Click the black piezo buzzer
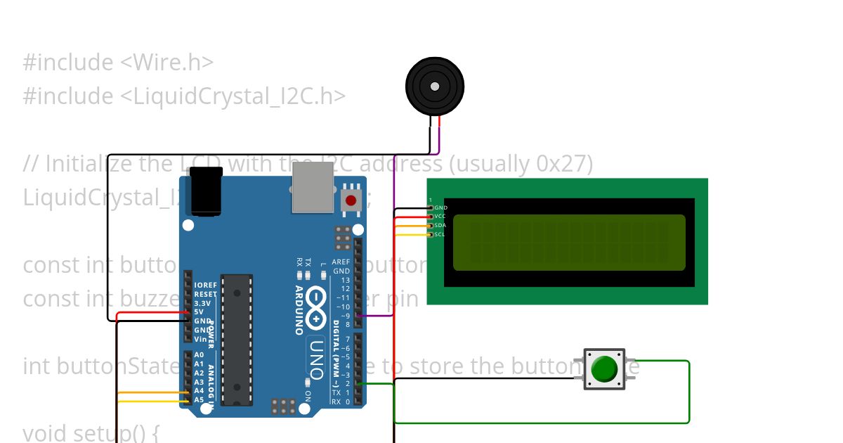[x=435, y=86]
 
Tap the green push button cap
[x=604, y=369]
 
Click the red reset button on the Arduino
[x=351, y=200]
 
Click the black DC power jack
[x=207, y=191]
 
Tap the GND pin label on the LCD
[x=440, y=207]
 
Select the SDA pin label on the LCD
[x=440, y=225]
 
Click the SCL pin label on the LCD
[x=440, y=234]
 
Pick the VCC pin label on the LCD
[x=440, y=217]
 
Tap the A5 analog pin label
[x=199, y=400]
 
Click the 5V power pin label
[x=199, y=312]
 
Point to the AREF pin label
[x=341, y=262]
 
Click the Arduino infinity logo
[x=317, y=309]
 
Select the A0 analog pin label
[x=199, y=355]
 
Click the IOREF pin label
[x=205, y=285]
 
